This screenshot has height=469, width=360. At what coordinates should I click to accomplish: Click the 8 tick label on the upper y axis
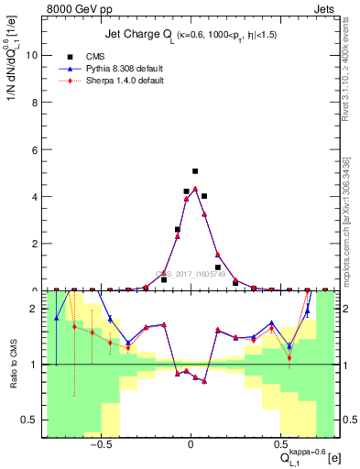(34, 102)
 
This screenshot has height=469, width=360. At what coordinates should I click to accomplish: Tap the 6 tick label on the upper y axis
(34, 149)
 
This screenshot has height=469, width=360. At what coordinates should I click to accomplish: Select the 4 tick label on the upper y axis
(34, 197)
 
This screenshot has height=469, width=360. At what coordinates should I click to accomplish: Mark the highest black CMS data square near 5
(195, 171)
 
